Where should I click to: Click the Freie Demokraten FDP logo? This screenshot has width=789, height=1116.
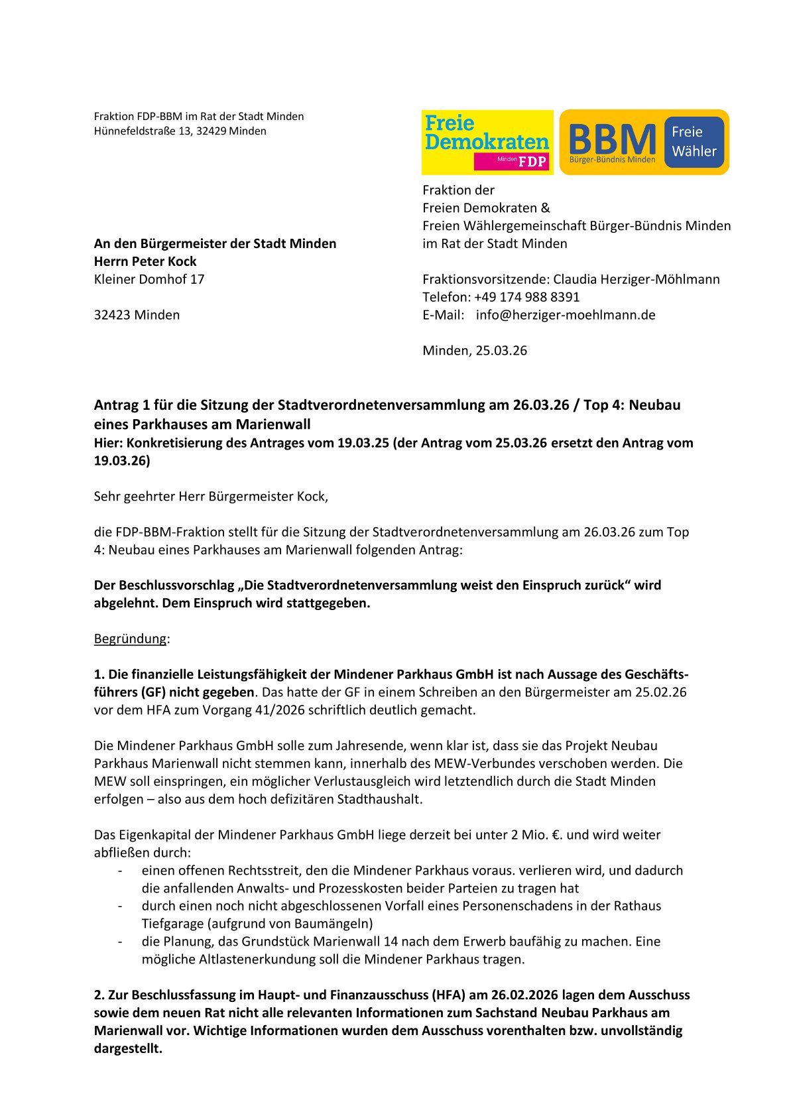(x=487, y=142)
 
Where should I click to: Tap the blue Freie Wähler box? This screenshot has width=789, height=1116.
(x=694, y=141)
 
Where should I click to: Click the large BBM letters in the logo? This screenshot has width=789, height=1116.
(x=612, y=139)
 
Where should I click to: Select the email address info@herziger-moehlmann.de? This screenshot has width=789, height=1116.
(x=565, y=315)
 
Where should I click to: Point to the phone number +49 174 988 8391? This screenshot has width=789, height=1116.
(x=526, y=297)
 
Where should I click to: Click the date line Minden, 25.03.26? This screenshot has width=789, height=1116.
(x=475, y=351)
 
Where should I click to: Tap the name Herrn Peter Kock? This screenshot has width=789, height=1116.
(x=145, y=261)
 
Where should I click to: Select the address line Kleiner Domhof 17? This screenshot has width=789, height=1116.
(x=149, y=279)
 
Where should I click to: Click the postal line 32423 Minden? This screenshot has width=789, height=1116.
(x=137, y=315)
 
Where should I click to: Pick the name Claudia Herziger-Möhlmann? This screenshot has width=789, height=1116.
(x=637, y=279)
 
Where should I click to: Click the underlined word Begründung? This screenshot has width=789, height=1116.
(x=130, y=639)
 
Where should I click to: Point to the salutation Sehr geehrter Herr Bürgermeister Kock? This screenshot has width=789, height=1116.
(x=211, y=496)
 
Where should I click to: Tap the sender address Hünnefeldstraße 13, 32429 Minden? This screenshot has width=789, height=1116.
(x=180, y=131)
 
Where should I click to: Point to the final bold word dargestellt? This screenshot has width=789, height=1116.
(x=128, y=1049)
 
